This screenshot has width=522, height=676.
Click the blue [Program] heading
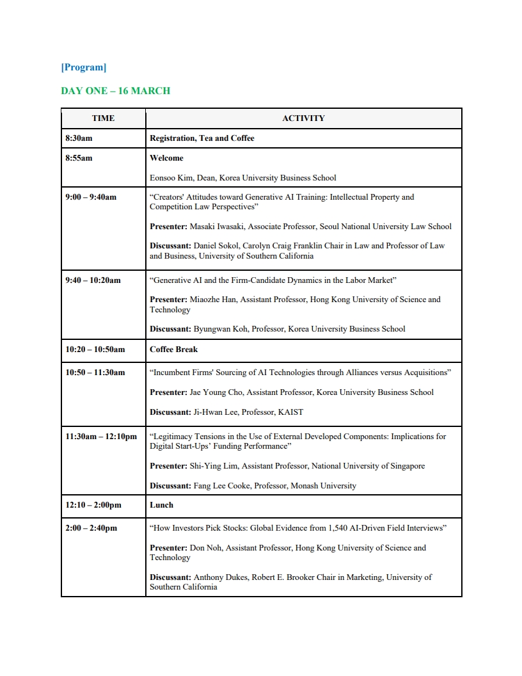pos(83,67)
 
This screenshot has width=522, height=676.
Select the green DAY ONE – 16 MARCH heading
pos(115,91)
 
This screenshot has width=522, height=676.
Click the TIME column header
pos(103,118)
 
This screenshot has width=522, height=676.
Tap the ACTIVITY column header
pos(303,118)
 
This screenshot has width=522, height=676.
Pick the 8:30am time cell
pos(79,138)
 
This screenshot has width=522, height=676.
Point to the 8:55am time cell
pos(79,158)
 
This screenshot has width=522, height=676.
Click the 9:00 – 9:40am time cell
pos(91,197)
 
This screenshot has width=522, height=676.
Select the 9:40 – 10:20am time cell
pos(93,280)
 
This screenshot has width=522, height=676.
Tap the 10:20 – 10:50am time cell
pos(95,350)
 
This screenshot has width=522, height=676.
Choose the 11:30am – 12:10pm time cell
pos(101,437)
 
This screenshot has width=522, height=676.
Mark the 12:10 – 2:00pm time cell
pos(93,505)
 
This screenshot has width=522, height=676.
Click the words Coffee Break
pos(173,350)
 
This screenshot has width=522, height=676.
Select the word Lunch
pos(161,505)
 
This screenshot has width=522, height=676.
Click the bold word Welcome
pos(166,158)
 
